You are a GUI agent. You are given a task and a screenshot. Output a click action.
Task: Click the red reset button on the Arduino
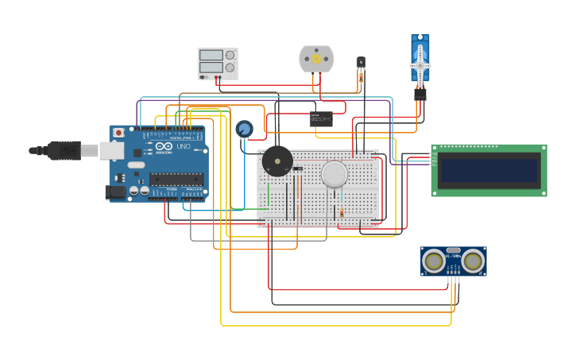(118, 133)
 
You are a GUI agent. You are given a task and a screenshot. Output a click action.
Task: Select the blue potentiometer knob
(244, 129)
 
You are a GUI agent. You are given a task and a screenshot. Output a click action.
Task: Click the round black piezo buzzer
(276, 161)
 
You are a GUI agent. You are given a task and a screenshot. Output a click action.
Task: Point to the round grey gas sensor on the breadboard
(334, 174)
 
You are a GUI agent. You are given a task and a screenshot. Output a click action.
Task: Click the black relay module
(321, 119)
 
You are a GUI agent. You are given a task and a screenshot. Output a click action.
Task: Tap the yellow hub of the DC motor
(316, 58)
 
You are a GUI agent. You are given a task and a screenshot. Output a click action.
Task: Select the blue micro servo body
(419, 60)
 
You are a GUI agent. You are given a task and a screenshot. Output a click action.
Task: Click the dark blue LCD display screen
(488, 170)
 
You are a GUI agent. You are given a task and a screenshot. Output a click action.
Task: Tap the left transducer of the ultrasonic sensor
(434, 260)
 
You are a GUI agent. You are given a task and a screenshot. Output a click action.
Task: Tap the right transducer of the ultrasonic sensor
(473, 260)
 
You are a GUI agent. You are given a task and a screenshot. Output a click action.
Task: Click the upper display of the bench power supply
(211, 56)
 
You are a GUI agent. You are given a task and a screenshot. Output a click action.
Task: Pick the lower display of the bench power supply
(211, 68)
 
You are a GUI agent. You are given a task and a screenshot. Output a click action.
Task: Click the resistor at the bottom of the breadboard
(342, 212)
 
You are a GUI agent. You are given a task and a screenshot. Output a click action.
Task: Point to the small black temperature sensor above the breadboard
(361, 61)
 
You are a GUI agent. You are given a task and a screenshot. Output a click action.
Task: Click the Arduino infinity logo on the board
(164, 147)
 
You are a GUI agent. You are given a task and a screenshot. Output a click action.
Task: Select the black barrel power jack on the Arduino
(115, 192)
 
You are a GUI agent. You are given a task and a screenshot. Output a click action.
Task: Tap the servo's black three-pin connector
(419, 93)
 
